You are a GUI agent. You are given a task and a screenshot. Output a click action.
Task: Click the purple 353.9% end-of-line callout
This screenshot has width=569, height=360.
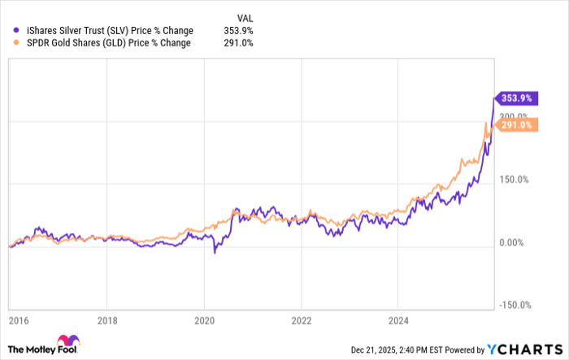pos(515,98)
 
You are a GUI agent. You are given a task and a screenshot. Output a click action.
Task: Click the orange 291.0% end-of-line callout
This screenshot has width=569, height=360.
pos(515,125)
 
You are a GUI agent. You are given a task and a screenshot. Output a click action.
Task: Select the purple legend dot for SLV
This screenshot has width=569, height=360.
pos(17,31)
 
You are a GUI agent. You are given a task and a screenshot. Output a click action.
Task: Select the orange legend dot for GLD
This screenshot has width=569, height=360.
pos(17,43)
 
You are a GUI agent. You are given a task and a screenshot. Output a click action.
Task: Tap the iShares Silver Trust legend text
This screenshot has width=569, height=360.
pos(110,31)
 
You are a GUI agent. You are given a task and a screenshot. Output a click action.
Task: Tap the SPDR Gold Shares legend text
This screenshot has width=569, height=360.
pos(109,43)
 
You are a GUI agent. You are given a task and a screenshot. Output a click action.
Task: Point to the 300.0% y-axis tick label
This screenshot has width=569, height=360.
pos(513,116)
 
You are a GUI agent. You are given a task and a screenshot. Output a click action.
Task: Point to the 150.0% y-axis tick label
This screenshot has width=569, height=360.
pos(513,180)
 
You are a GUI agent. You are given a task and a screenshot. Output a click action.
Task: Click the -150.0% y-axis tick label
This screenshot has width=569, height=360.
pos(515,306)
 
